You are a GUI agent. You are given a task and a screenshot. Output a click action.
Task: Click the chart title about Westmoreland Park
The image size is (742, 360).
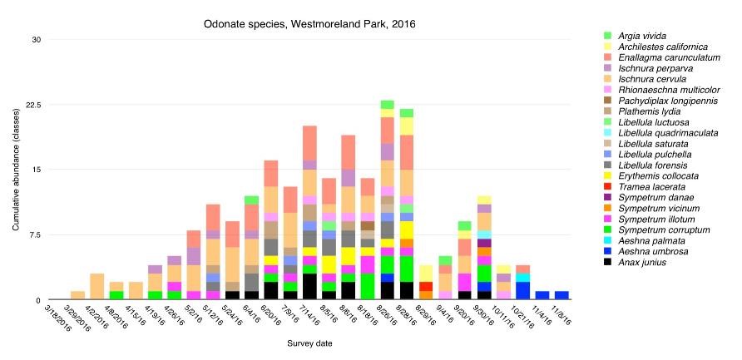coord(309,24)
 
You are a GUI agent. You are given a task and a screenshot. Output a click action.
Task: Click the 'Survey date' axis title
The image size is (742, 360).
coord(311,342)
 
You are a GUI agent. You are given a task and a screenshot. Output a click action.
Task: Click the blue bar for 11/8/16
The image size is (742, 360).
coord(561,295)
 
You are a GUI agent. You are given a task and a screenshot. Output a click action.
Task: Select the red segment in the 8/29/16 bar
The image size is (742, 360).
coord(425,286)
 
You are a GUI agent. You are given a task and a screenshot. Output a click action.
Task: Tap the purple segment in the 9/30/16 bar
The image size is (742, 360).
coord(484,243)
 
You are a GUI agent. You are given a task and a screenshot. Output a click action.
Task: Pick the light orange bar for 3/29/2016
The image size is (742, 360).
coord(78,295)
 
